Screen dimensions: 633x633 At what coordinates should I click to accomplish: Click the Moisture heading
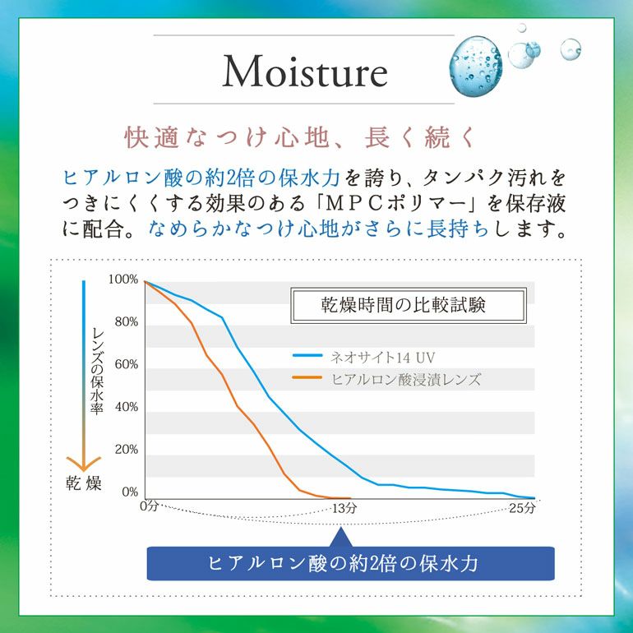(304, 72)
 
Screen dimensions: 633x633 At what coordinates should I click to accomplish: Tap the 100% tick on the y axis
(122, 280)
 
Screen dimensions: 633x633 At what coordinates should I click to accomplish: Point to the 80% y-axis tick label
(125, 322)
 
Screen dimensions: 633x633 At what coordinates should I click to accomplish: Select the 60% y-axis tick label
(125, 365)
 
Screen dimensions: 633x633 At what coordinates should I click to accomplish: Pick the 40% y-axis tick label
(125, 408)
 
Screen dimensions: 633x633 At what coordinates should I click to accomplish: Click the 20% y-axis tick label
(125, 450)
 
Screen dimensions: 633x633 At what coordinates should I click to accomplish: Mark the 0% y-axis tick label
(129, 492)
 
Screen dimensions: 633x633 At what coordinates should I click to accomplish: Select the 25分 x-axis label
(521, 508)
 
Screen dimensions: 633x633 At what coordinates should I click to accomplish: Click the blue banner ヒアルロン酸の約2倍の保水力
(350, 563)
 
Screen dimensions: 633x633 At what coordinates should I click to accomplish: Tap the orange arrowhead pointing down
(84, 463)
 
